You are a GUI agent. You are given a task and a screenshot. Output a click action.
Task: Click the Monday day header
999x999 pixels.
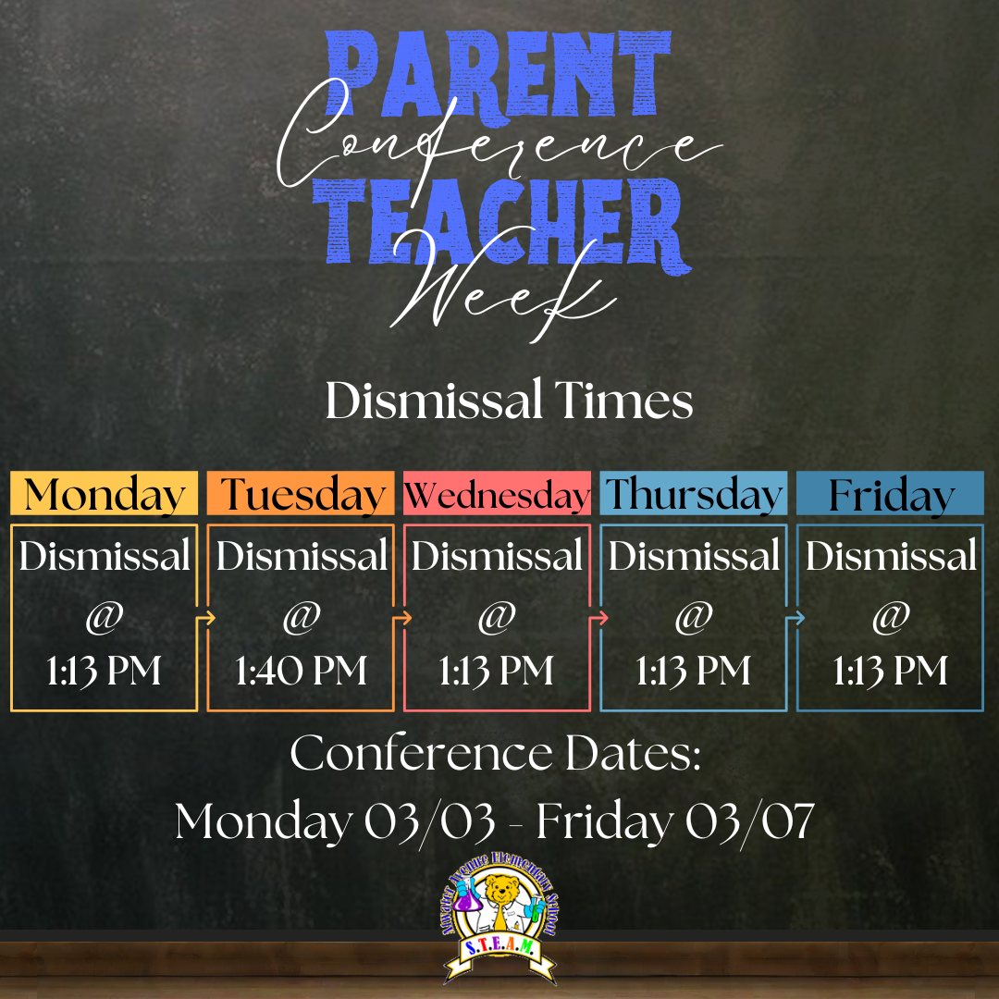click(x=104, y=494)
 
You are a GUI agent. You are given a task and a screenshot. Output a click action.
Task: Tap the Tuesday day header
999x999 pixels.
click(x=301, y=494)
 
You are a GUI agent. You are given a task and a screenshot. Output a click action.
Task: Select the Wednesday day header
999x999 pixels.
click(x=497, y=495)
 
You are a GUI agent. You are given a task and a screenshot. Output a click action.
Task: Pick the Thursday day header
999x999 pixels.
click(x=694, y=494)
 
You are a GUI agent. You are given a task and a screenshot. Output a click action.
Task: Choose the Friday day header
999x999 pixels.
click(x=890, y=495)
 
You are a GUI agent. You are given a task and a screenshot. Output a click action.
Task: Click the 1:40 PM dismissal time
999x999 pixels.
click(x=301, y=671)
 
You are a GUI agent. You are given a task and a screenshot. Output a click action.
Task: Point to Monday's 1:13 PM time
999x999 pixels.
click(x=104, y=671)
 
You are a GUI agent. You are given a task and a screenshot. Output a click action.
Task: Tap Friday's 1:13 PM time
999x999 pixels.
click(x=890, y=671)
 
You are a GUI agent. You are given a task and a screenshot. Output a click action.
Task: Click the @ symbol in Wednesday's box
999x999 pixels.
click(x=497, y=617)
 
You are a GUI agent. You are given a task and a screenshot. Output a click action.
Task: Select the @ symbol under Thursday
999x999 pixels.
click(x=693, y=617)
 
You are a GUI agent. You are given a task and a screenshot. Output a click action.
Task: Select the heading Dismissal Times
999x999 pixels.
click(x=509, y=402)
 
